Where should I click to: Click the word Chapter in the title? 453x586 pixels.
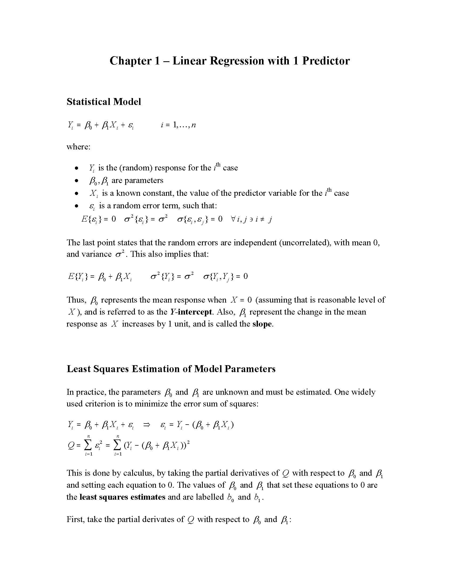coord(130,61)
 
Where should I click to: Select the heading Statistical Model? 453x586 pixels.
coord(104,102)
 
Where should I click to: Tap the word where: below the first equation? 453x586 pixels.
coord(78,147)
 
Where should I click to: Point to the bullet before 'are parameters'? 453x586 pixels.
coord(77,181)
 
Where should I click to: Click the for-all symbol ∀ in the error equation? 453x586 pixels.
coord(233,219)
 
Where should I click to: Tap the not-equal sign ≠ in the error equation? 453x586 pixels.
coord(262,219)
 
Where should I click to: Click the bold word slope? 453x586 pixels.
coord(262,324)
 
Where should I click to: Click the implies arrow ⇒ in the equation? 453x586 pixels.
coord(147,425)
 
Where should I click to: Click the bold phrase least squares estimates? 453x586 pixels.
coord(122,497)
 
